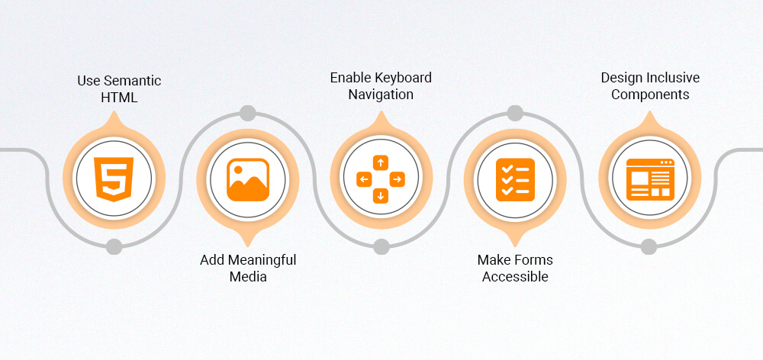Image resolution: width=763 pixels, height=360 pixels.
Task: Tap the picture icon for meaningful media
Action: (x=248, y=180)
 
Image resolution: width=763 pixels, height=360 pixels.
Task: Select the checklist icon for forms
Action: (x=515, y=180)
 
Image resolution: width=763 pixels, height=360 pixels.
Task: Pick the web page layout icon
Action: (x=649, y=180)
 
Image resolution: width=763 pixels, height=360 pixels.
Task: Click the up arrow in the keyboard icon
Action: (x=381, y=162)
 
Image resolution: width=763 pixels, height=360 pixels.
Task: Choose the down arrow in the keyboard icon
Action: (x=381, y=197)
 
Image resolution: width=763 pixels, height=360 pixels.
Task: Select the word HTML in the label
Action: (x=119, y=98)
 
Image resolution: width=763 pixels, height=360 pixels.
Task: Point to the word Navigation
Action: (x=381, y=95)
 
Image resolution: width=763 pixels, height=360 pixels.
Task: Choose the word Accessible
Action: (x=515, y=277)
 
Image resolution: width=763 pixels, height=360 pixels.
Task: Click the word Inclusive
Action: (x=672, y=78)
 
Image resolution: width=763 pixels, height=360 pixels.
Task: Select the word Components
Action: (x=650, y=95)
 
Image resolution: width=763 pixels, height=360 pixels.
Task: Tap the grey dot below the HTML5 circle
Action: (x=114, y=246)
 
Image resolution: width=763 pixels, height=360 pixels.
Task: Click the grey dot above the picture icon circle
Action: (x=247, y=114)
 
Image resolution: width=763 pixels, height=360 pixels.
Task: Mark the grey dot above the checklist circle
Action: (x=515, y=114)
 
